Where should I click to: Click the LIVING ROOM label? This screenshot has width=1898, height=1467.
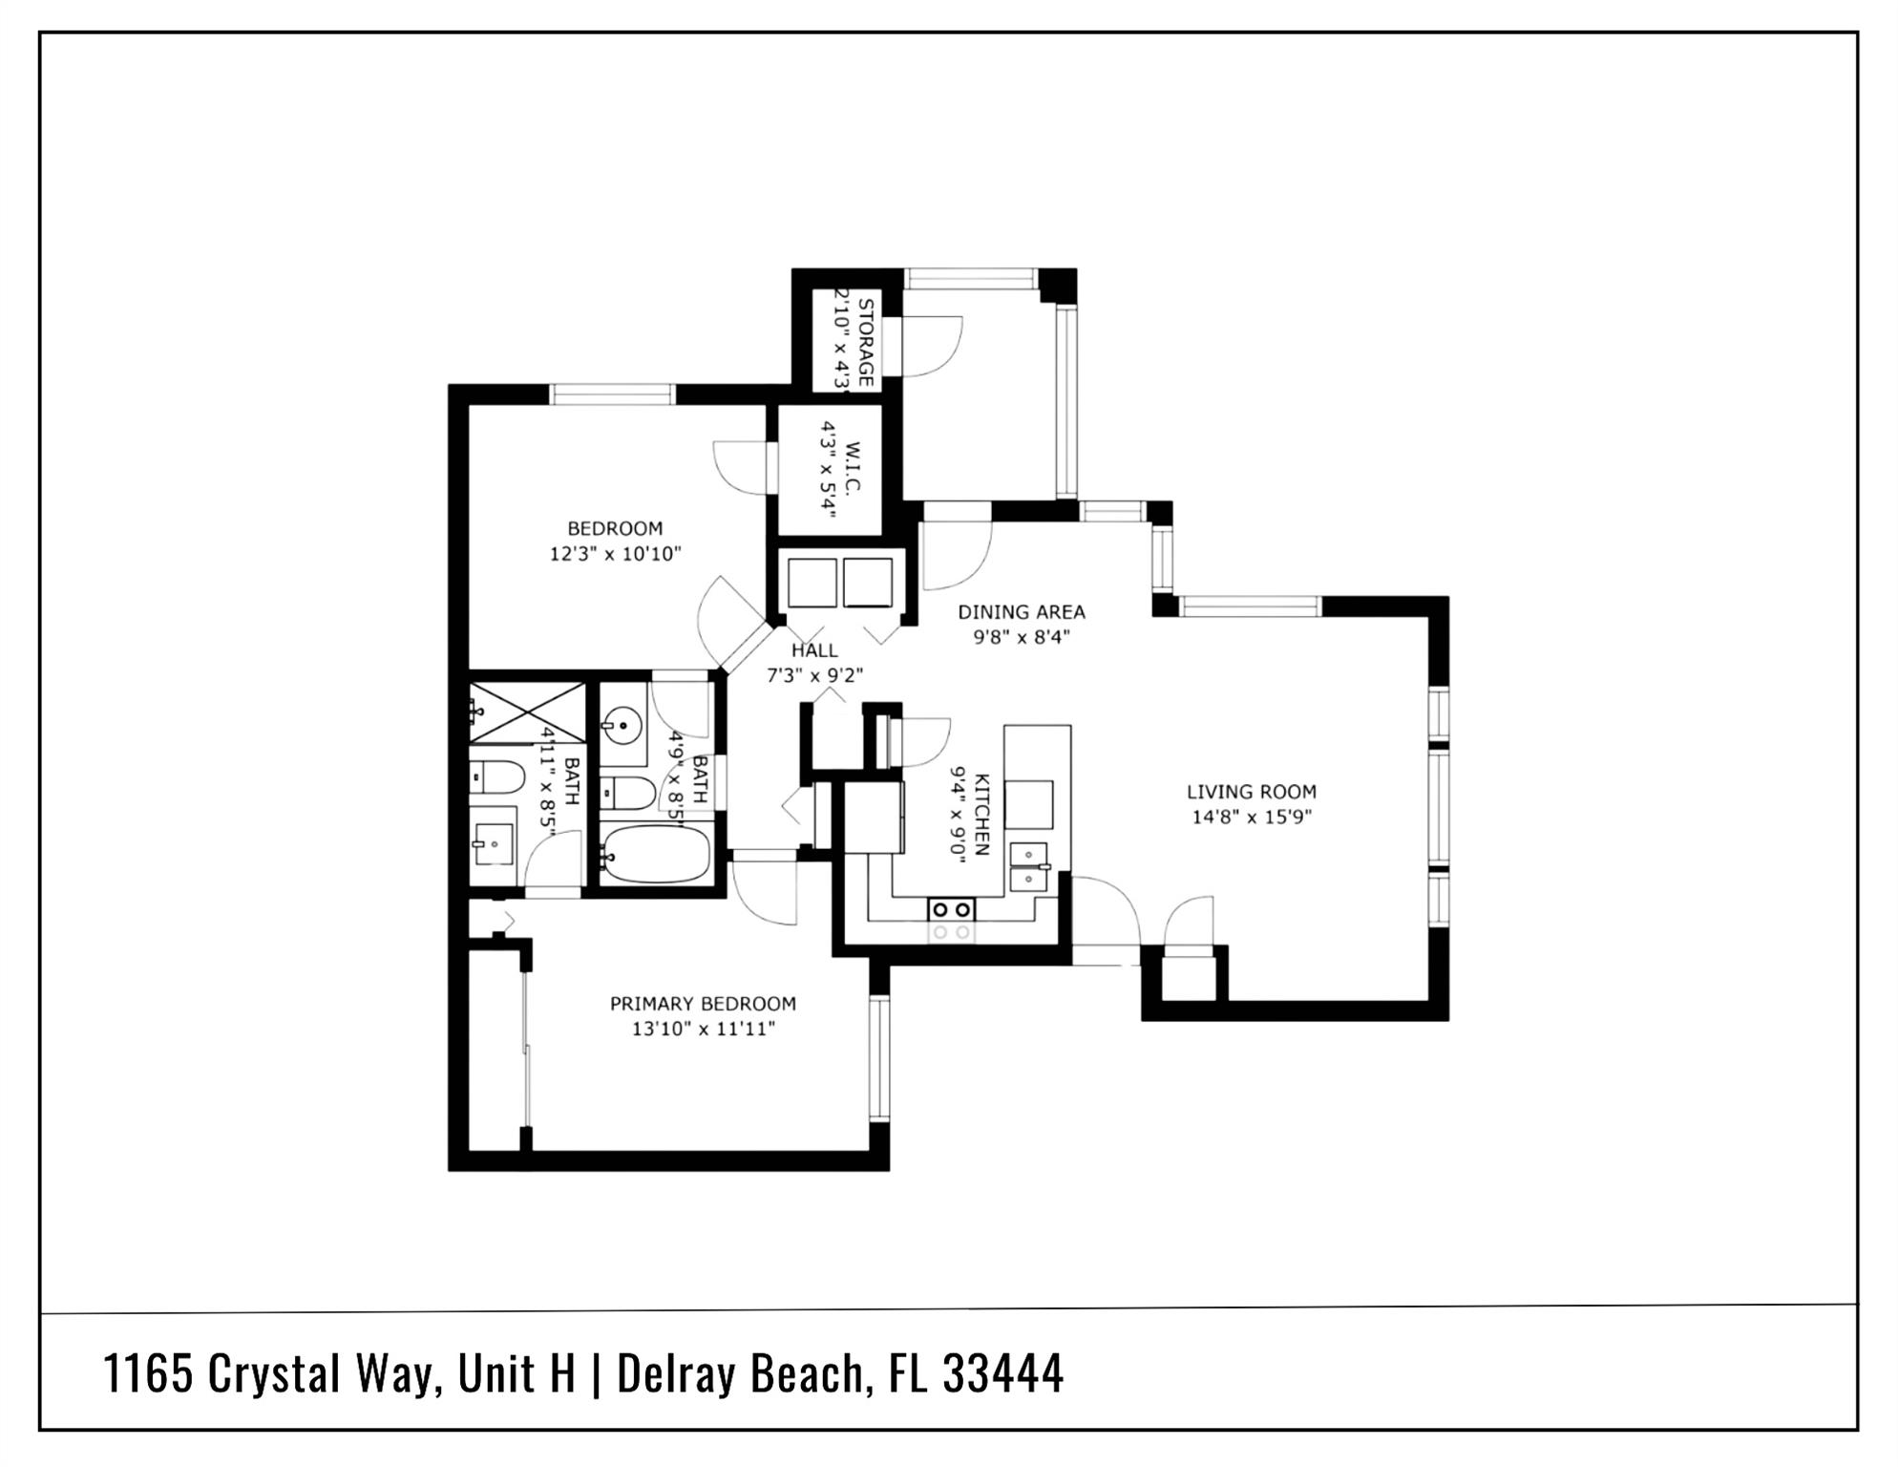[1251, 792]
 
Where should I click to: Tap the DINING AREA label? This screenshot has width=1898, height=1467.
[1021, 612]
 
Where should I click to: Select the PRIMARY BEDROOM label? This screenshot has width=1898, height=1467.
[703, 1004]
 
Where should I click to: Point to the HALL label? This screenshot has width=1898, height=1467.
[814, 650]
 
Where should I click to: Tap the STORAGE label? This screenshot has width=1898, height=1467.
[866, 342]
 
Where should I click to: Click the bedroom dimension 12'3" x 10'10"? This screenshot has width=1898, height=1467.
[615, 554]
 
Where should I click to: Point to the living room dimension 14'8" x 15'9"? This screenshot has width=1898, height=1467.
[1251, 818]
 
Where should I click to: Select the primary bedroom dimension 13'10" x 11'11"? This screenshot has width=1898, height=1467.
[703, 1030]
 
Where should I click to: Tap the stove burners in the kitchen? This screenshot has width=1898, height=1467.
[951, 909]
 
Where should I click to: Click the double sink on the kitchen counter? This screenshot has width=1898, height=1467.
[1029, 865]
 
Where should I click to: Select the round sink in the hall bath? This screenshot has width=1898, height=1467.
[622, 725]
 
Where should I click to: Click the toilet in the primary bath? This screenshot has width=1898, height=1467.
[496, 776]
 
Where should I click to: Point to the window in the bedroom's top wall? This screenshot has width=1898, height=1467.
[612, 393]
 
